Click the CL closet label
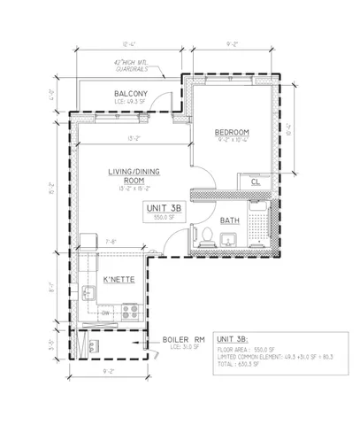(x=256, y=182)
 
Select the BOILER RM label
(x=184, y=338)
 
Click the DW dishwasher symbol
(x=105, y=312)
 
